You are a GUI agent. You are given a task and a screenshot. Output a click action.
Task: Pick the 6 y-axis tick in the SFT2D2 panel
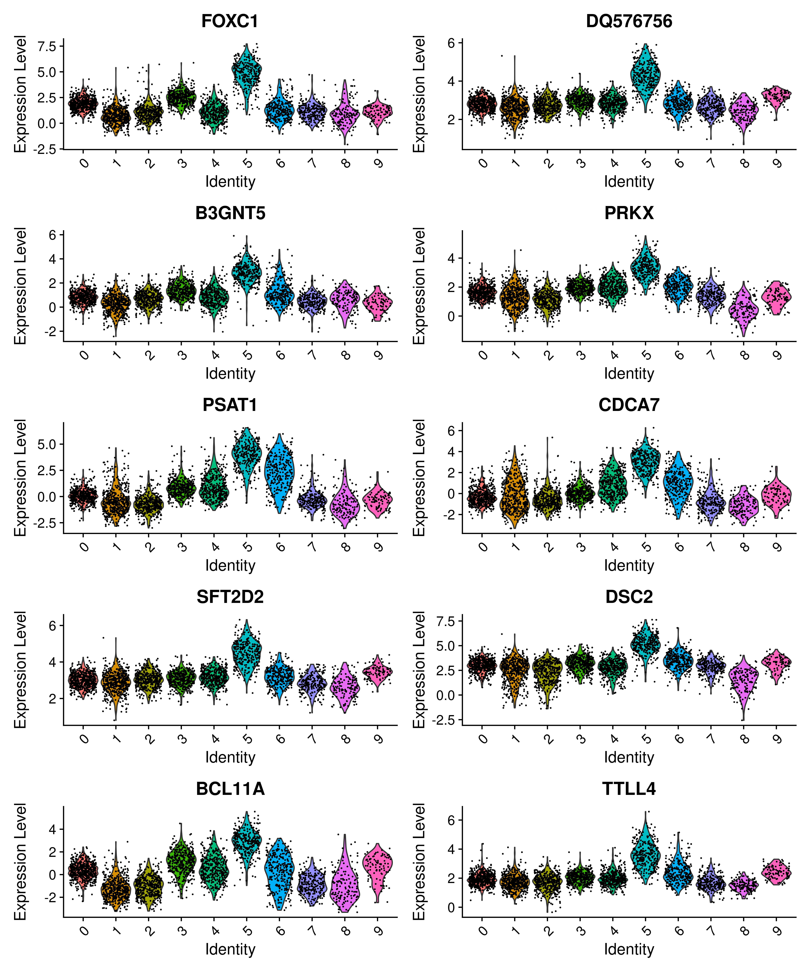pyautogui.click(x=52, y=626)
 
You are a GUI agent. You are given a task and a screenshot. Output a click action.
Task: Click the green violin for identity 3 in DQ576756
pyautogui.click(x=580, y=99)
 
